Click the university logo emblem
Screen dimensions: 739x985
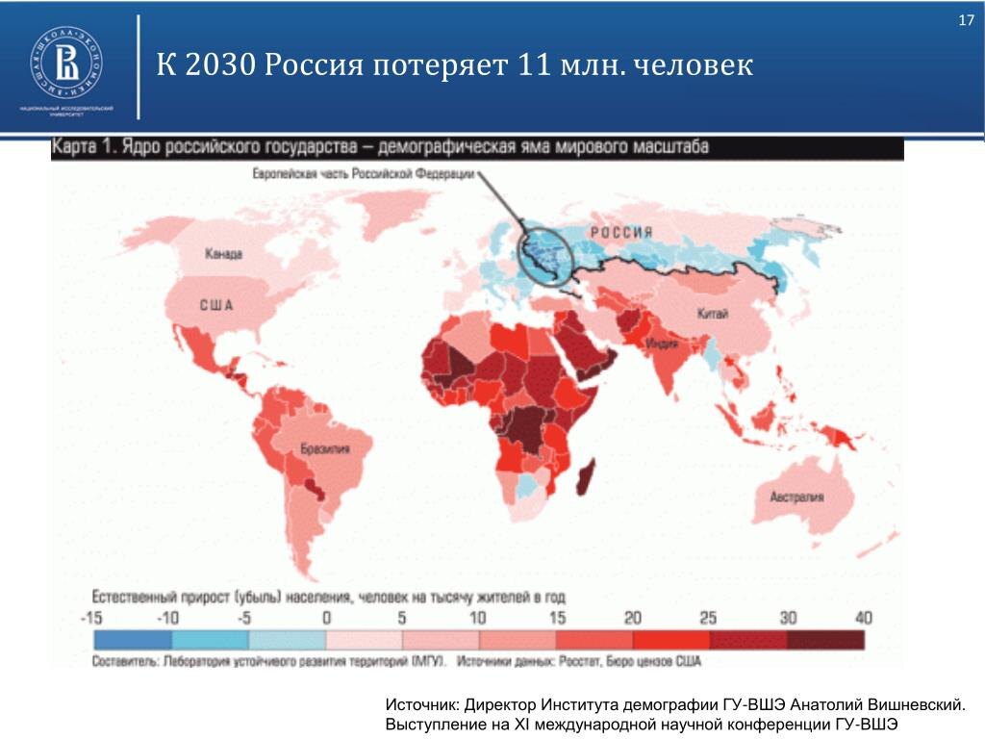66,64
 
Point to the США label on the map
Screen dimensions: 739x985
216,305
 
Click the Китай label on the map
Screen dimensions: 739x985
714,314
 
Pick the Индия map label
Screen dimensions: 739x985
659,344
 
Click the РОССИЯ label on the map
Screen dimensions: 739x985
621,232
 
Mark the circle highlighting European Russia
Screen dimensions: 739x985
544,251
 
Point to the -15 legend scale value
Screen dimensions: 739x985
92,618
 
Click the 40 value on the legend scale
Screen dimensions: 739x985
863,618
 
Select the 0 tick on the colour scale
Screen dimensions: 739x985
326,618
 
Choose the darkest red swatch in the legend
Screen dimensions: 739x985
824,640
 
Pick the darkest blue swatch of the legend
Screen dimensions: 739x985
132,640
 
